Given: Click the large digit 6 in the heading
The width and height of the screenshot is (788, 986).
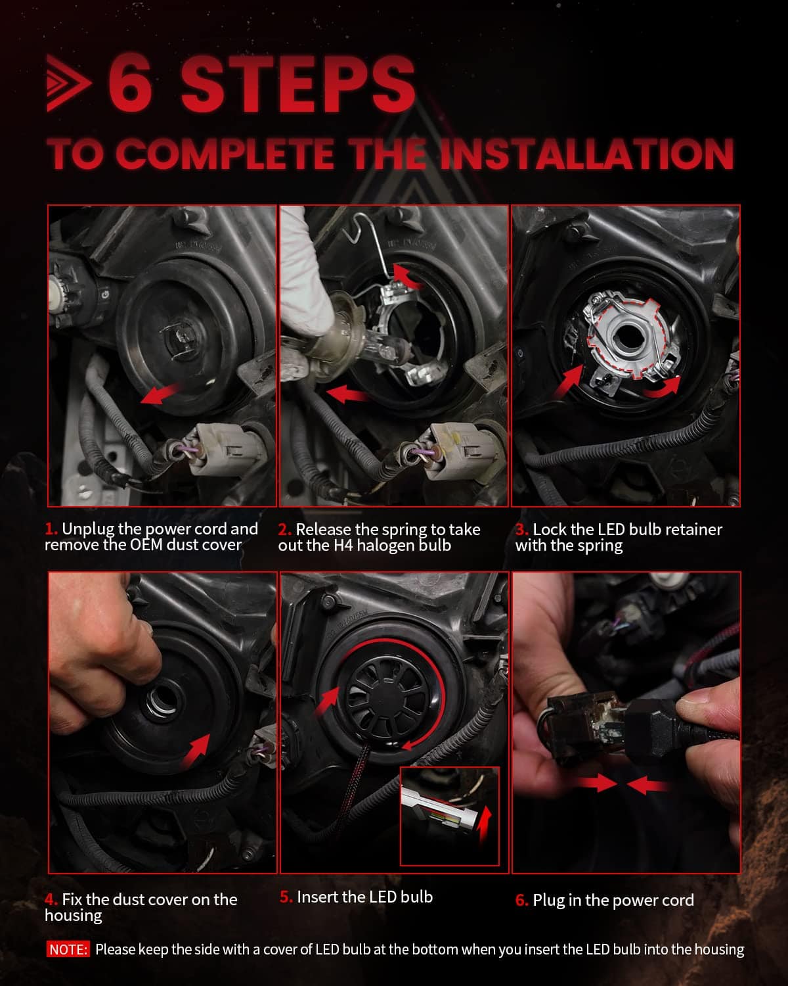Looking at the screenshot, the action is click(130, 82).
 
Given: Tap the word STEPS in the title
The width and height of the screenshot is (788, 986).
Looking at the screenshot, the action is click(298, 83).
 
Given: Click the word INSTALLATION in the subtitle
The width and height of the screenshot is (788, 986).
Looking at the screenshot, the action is click(587, 153).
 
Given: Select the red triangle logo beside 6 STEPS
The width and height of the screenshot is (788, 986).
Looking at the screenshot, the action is click(68, 83).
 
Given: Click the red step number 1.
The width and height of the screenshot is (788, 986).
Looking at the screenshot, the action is click(51, 528).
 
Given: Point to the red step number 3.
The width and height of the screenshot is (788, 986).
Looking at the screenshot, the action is click(521, 529).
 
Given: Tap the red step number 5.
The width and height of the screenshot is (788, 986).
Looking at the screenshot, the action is click(286, 897).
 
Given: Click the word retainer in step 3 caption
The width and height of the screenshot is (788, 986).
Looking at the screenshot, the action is click(693, 529).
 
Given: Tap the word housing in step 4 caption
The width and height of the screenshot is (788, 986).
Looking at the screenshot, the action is click(74, 916).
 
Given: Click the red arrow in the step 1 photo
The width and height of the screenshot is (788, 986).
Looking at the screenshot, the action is click(160, 394).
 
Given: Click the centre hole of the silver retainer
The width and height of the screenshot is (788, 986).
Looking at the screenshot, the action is click(625, 335).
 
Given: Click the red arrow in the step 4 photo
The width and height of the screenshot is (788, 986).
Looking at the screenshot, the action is click(196, 749).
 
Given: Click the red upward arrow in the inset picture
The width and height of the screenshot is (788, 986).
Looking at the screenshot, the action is click(483, 824).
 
